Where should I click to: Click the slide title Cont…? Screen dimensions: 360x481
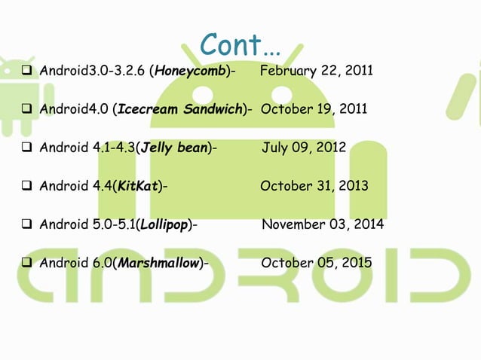240,45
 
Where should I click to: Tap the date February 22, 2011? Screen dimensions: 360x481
316,72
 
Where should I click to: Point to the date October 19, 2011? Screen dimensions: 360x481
314,110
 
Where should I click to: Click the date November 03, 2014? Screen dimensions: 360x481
323,224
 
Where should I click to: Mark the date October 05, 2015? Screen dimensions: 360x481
316,263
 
